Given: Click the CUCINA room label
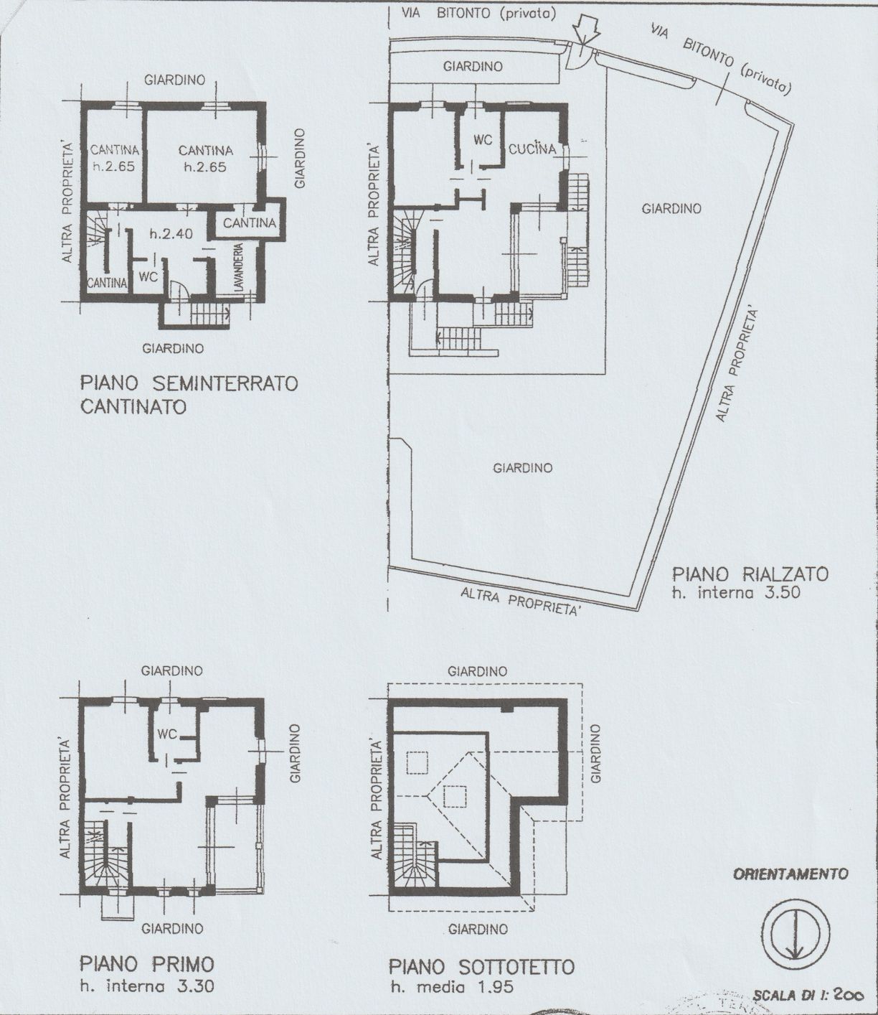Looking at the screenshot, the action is tap(532, 149).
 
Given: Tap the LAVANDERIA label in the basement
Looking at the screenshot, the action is tap(239, 268).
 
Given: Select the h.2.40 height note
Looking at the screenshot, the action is tap(171, 234).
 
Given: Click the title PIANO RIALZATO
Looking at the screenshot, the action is tap(750, 574).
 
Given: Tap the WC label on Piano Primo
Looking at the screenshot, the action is tap(167, 734).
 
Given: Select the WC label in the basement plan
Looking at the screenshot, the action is tap(148, 277).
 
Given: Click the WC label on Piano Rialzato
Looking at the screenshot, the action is tap(483, 141).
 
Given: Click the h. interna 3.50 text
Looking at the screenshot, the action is tap(736, 593).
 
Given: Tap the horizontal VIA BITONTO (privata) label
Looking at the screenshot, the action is tap(478, 14).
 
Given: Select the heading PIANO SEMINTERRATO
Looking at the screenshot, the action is tap(189, 383).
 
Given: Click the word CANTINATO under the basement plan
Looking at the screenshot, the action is tap(133, 407).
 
